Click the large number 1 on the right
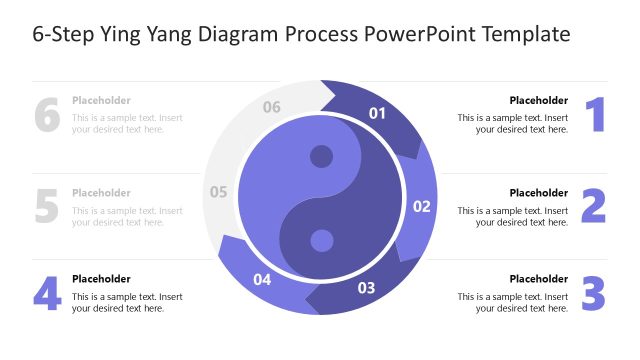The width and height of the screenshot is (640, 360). pos(595,115)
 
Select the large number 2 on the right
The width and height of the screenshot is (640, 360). pos(594,205)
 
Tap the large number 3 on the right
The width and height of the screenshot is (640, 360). pos(594,293)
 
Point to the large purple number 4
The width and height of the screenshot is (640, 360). pos(47,293)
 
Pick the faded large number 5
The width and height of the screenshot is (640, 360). pos(47,205)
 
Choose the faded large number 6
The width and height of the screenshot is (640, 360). pos(47,115)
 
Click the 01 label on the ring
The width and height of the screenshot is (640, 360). pos(377,113)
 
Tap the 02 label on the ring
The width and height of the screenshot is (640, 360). pos(421,207)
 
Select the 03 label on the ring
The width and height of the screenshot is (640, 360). pos(366,289)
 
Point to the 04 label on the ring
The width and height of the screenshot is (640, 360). pos(262,280)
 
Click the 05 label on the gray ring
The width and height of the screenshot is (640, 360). pos(219,192)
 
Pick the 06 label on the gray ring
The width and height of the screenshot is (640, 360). pos(271,107)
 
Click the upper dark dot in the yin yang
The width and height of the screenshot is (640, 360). pos(321,157)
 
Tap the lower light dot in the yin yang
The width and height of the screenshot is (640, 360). pos(321,241)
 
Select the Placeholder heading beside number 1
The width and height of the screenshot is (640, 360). pos(538,100)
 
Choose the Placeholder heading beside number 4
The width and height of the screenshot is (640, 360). pos(101,279)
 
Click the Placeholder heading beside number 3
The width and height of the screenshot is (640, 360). pos(538,279)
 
